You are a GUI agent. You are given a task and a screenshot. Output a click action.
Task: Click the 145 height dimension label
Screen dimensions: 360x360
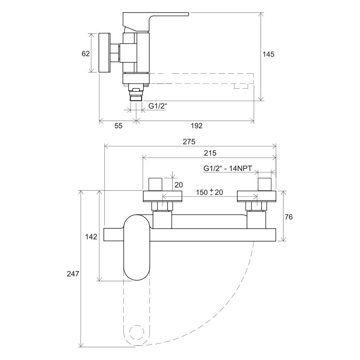click(x=268, y=54)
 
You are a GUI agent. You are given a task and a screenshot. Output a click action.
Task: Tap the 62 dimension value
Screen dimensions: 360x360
click(x=85, y=54)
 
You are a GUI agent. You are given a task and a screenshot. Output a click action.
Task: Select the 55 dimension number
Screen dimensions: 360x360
click(x=118, y=126)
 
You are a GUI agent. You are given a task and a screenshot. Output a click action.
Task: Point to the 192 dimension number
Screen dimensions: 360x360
click(x=197, y=126)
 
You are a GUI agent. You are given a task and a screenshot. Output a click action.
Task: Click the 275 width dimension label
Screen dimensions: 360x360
click(x=189, y=142)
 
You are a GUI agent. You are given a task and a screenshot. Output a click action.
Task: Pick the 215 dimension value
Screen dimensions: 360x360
click(x=210, y=153)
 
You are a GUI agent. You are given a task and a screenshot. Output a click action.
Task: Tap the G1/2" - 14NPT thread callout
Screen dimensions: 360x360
click(x=228, y=168)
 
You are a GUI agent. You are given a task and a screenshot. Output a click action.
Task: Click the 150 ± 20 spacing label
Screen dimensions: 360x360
click(x=209, y=192)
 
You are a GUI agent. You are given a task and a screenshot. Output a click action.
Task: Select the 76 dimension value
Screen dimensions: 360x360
click(x=288, y=217)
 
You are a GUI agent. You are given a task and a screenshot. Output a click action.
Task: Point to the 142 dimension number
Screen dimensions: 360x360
click(x=91, y=237)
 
